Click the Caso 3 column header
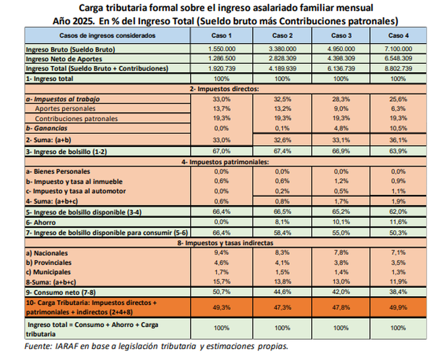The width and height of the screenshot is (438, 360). [x=340, y=36]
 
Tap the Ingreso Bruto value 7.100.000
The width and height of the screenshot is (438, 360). [x=398, y=49]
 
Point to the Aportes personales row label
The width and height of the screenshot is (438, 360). [x=65, y=109]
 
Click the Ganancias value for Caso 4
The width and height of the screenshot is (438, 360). [x=398, y=128]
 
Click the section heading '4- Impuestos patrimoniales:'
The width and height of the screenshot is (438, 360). [x=226, y=161]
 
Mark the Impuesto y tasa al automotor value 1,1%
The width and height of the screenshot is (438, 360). [x=398, y=191]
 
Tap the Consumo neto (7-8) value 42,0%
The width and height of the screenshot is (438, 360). [x=340, y=292]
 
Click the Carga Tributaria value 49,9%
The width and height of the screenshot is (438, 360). [x=398, y=307]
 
